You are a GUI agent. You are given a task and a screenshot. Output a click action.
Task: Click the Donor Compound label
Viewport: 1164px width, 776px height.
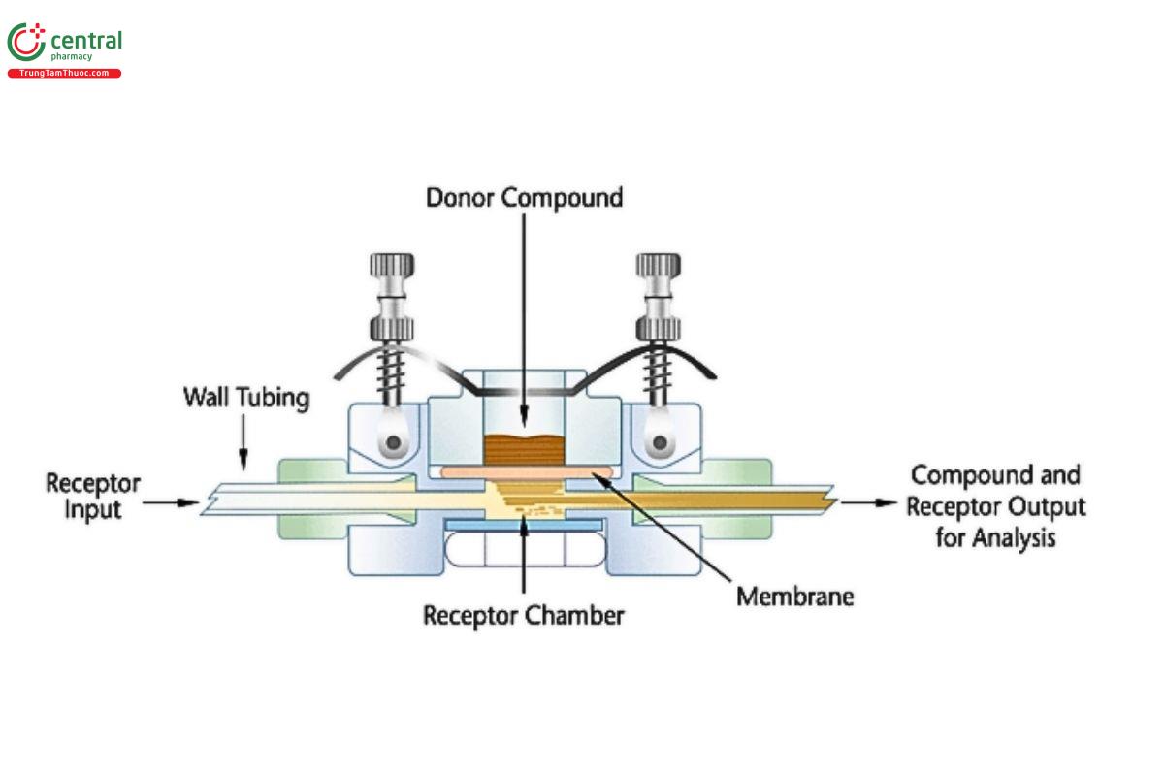click(x=524, y=198)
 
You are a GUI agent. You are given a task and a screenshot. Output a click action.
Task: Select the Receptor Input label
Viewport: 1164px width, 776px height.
click(x=93, y=496)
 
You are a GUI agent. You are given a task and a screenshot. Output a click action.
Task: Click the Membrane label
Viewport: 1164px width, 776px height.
click(x=794, y=595)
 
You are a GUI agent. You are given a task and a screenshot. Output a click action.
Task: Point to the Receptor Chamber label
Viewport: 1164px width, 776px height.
click(x=524, y=615)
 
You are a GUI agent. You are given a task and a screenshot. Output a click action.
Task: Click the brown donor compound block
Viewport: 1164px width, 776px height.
click(x=524, y=449)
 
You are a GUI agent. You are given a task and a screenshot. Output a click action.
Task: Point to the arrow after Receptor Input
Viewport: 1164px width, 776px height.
click(x=173, y=503)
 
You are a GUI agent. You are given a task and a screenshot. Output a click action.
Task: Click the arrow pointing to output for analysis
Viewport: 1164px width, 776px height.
click(x=868, y=503)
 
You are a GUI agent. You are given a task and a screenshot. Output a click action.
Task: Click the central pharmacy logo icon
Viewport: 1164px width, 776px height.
click(x=26, y=44)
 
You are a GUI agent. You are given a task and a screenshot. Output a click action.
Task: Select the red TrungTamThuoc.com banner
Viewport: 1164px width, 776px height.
click(x=64, y=74)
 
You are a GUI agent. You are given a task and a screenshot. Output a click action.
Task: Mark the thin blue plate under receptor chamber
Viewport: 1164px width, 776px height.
click(x=524, y=525)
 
